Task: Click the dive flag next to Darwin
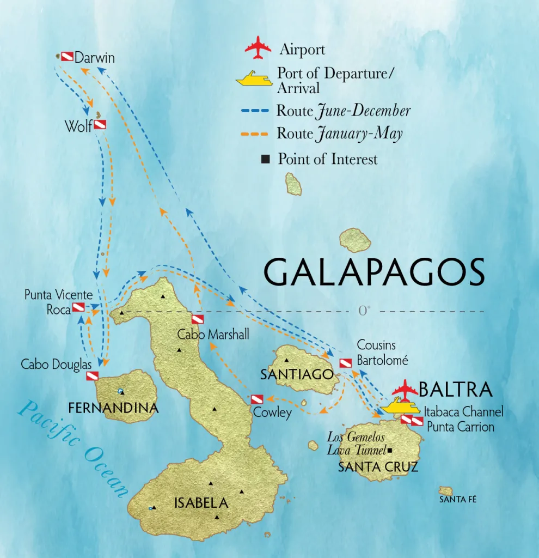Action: coord(66,56)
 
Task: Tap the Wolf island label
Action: coord(78,126)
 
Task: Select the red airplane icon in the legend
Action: coord(258,48)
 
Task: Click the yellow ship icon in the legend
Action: coord(254,80)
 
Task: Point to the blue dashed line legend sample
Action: coord(255,111)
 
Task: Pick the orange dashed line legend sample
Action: coord(255,134)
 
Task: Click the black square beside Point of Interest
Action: coord(266,160)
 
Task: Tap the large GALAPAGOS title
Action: coord(374,272)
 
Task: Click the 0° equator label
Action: coord(364,311)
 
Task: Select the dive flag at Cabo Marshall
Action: coord(198,319)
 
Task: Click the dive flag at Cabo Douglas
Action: coord(93,375)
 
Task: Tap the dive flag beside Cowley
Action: coord(257,399)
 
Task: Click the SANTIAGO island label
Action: coord(297,374)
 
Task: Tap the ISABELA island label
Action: coord(201,502)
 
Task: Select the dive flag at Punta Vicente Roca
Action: coord(78,307)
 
